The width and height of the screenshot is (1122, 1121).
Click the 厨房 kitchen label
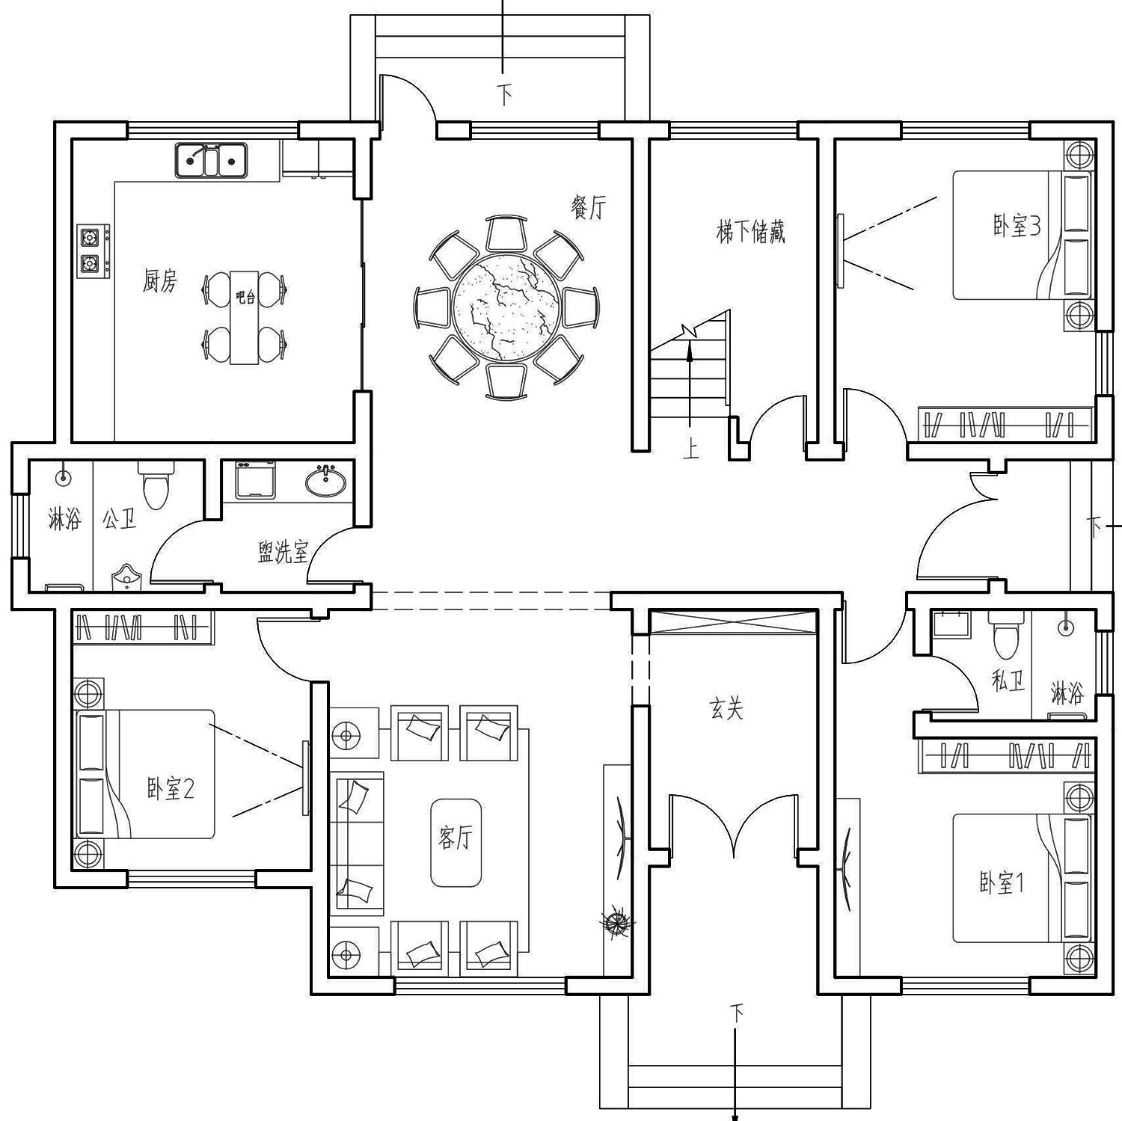pyautogui.click(x=160, y=281)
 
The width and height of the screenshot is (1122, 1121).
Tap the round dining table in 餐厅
pyautogui.click(x=506, y=307)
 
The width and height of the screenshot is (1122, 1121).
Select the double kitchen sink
pyautogui.click(x=211, y=160)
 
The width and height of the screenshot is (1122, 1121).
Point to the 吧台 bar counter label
pyautogui.click(x=245, y=297)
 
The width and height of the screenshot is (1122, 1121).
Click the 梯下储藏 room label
pyautogui.click(x=750, y=232)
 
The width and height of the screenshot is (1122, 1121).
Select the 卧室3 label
pyautogui.click(x=1016, y=225)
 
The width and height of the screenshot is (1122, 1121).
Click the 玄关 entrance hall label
pyautogui.click(x=726, y=708)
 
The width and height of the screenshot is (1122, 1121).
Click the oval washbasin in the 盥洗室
pyautogui.click(x=326, y=480)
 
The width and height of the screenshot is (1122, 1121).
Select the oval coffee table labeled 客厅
pyautogui.click(x=455, y=842)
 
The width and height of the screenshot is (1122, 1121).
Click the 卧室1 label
pyautogui.click(x=1002, y=883)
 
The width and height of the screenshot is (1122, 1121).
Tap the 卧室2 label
pyautogui.click(x=170, y=788)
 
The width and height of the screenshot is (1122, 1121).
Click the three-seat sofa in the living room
pyautogui.click(x=357, y=842)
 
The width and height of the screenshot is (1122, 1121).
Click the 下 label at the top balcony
pyautogui.click(x=506, y=95)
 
